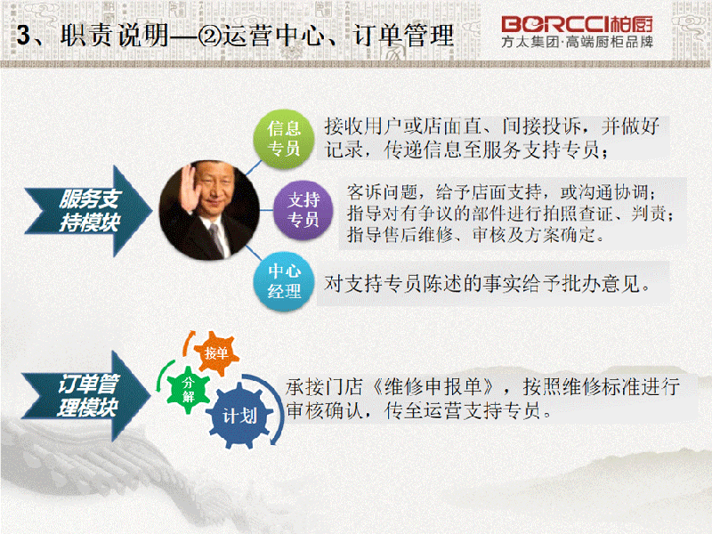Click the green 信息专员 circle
pyautogui.click(x=284, y=139)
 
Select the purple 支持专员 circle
pyautogui.click(x=303, y=210)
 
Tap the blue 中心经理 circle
pyautogui.click(x=284, y=281)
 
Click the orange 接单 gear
pyautogui.click(x=216, y=353)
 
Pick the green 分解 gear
pyautogui.click(x=188, y=390)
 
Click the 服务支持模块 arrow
pyautogui.click(x=88, y=211)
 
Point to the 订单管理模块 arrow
pyautogui.click(x=86, y=395)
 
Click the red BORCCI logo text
pyautogui.click(x=577, y=25)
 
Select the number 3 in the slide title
pyautogui.click(x=23, y=35)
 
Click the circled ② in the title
pyautogui.click(x=209, y=36)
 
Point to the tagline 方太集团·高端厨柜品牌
pyautogui.click(x=577, y=42)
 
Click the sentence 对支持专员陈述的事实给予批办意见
pyautogui.click(x=486, y=284)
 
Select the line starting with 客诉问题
pyautogui.click(x=501, y=192)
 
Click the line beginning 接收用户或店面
pyautogui.click(x=492, y=126)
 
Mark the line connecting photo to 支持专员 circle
pyautogui.click(x=266, y=210)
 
